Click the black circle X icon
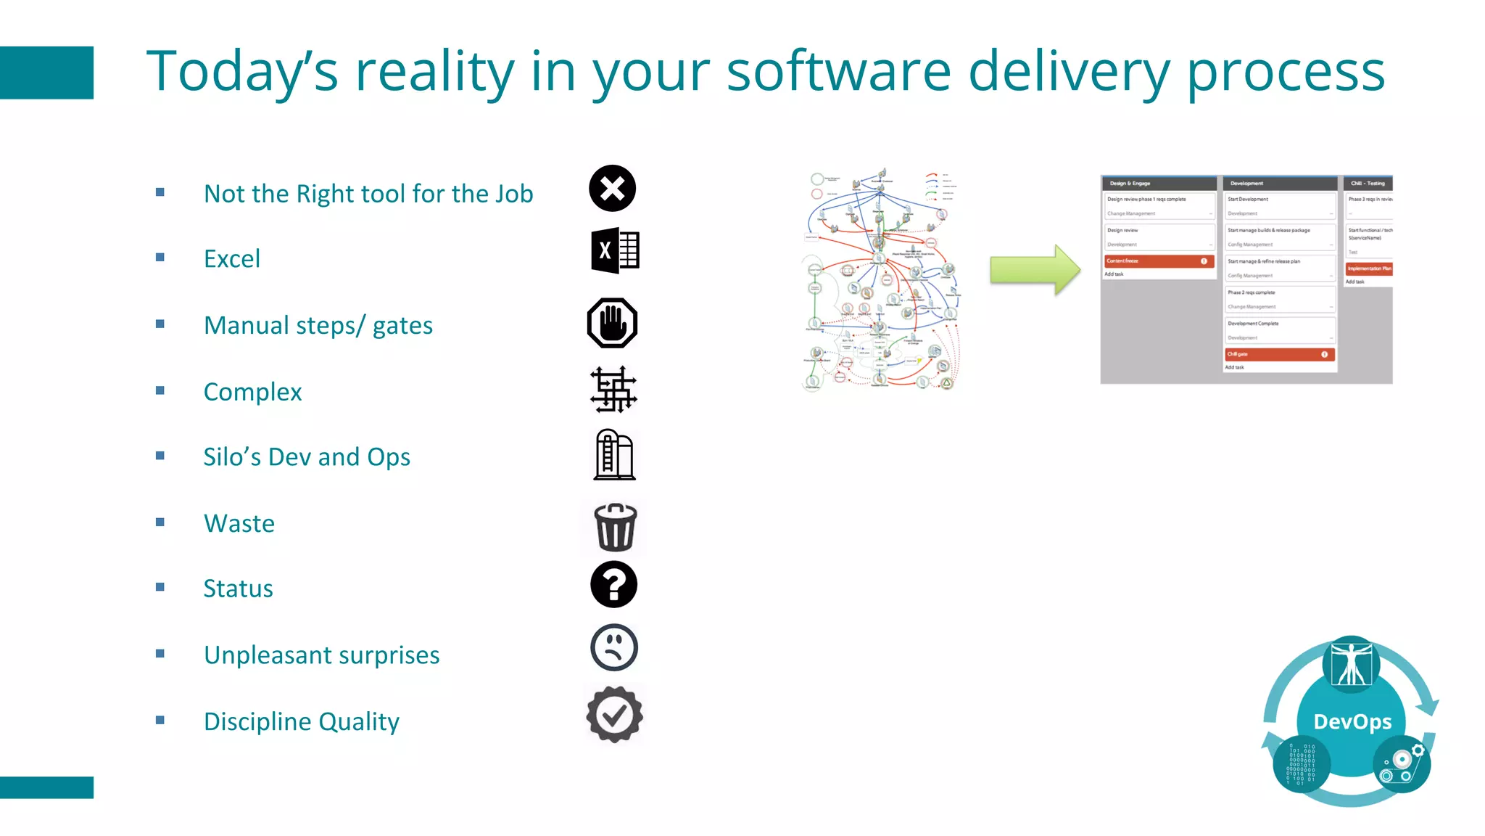coord(613,189)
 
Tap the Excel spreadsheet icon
coord(615,251)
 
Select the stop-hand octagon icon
coord(613,323)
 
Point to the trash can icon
coord(615,528)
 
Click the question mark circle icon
coord(613,584)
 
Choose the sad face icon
coord(614,647)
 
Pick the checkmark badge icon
coord(614,715)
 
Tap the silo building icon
coord(614,455)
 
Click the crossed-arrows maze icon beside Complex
coord(613,390)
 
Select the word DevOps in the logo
coord(1352,721)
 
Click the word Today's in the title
coord(242,72)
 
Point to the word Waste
coord(239,523)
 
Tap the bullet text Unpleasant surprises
coord(321,655)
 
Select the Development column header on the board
coord(1279,184)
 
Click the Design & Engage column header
coord(1158,184)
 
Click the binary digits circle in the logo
coord(1301,763)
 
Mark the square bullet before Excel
coord(160,258)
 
